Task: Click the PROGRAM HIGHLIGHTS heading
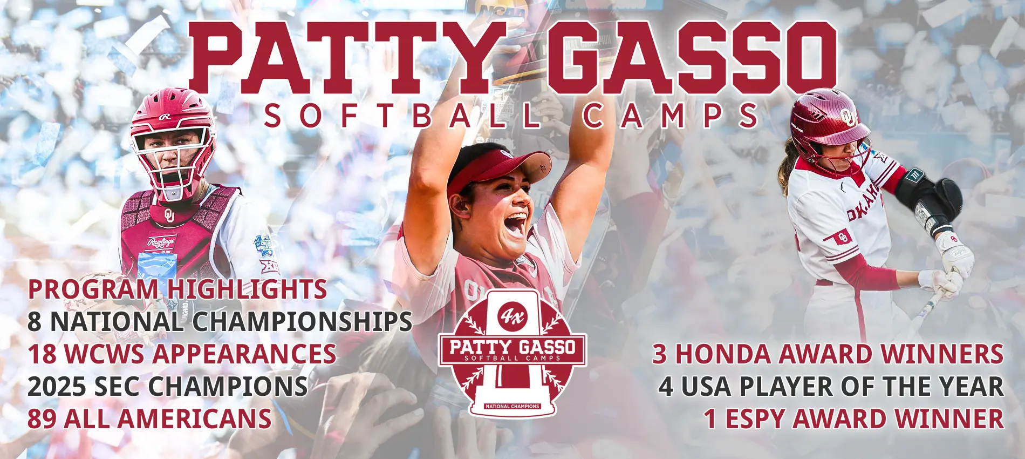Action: pyautogui.click(x=177, y=289)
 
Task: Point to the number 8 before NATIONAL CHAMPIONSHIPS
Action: pyautogui.click(x=35, y=322)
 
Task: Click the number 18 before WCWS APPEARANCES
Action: pyautogui.click(x=42, y=354)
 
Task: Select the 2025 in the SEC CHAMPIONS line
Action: pyautogui.click(x=56, y=387)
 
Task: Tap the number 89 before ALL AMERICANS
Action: pyautogui.click(x=42, y=419)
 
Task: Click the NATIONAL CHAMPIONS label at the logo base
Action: pyautogui.click(x=512, y=406)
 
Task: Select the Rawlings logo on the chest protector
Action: pyautogui.click(x=161, y=243)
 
